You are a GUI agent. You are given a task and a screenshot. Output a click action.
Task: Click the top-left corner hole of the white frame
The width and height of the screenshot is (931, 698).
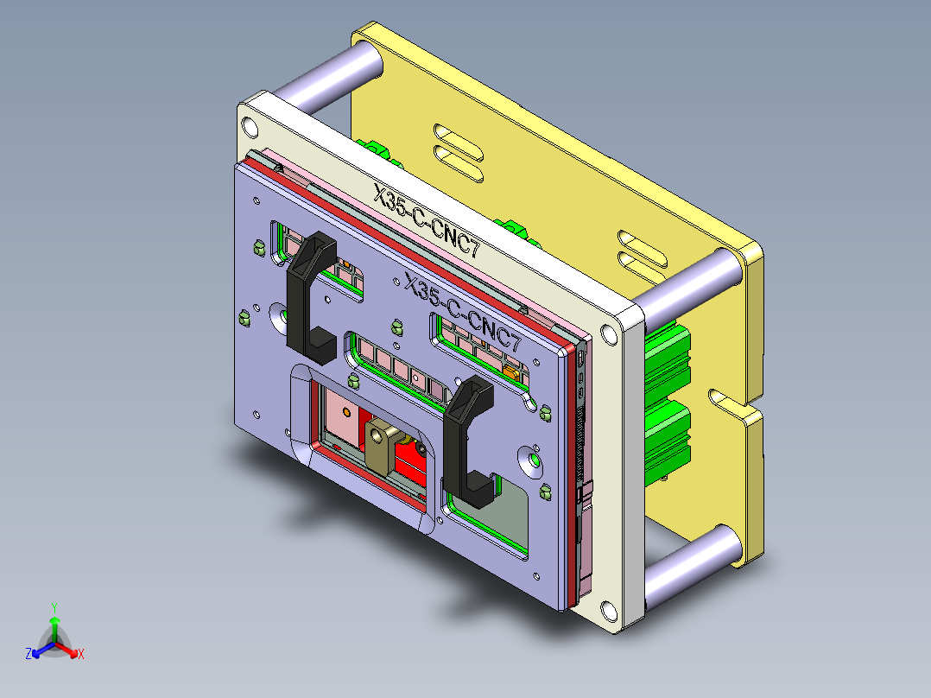tap(250, 127)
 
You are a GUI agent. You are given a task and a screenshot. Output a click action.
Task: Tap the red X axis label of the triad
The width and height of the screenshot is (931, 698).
tap(80, 655)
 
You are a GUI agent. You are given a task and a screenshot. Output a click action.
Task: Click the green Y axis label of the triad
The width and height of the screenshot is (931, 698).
tap(54, 607)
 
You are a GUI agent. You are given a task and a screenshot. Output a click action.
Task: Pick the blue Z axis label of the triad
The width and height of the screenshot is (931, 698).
tap(28, 655)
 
